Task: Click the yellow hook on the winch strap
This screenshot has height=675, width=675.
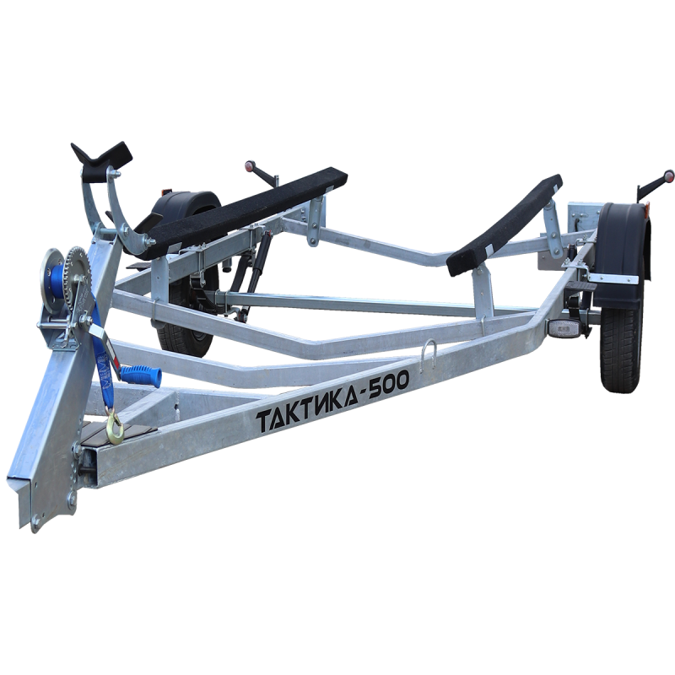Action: click(x=116, y=429)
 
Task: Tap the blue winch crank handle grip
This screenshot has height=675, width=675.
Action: click(x=141, y=373)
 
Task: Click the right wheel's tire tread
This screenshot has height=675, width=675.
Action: click(x=622, y=344)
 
